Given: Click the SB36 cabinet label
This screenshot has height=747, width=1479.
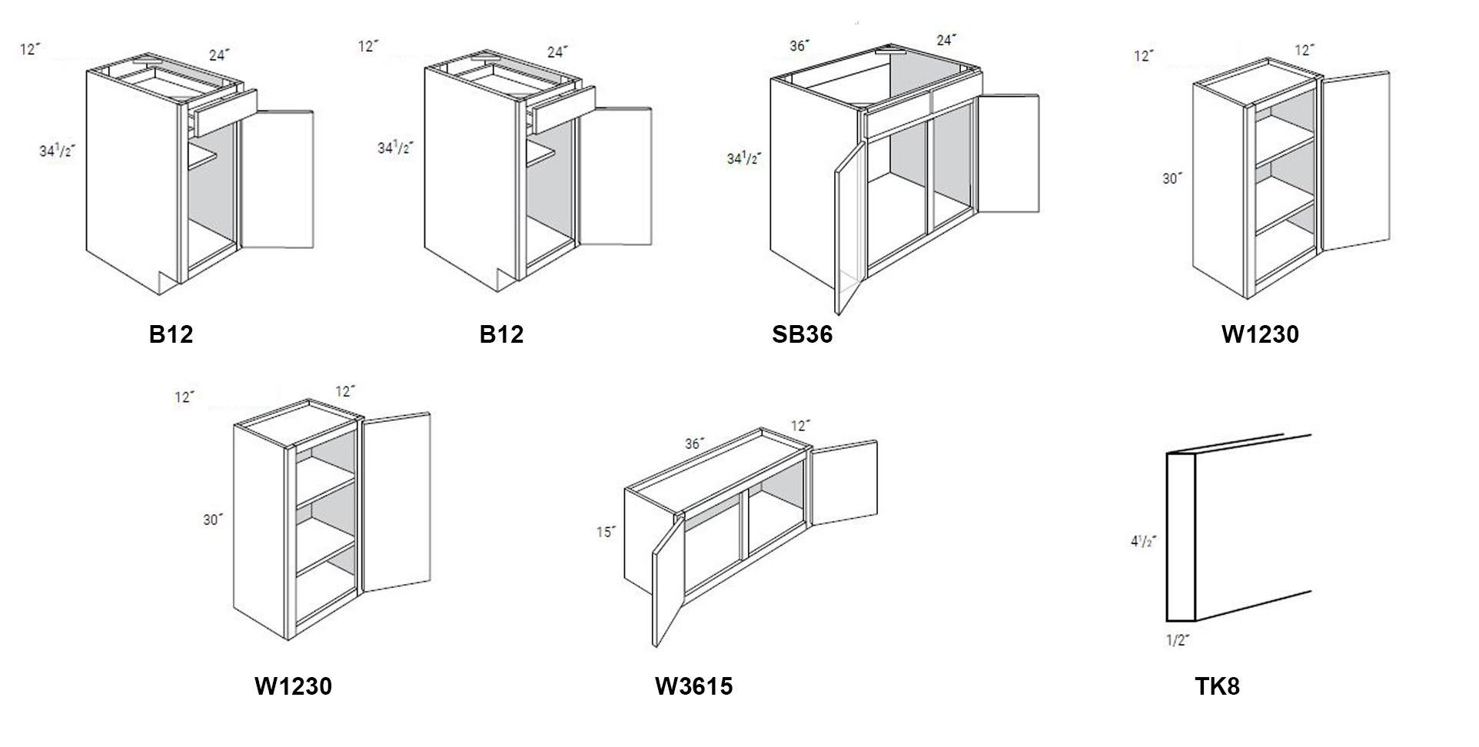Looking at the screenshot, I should pyautogui.click(x=802, y=334).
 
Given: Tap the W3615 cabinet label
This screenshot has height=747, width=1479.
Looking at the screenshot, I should pyautogui.click(x=693, y=686).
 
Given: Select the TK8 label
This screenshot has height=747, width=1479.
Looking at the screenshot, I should pyautogui.click(x=1217, y=686).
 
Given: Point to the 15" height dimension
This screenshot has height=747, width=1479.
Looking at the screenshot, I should pyautogui.click(x=606, y=532).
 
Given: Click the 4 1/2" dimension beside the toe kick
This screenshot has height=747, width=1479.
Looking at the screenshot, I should pyautogui.click(x=1143, y=541).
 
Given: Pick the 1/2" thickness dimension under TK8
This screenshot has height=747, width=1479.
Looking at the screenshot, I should pyautogui.click(x=1178, y=639).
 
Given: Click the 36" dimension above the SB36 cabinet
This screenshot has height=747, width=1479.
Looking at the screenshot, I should pyautogui.click(x=799, y=46).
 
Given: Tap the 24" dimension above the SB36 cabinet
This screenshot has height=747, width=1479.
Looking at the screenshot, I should pyautogui.click(x=946, y=40).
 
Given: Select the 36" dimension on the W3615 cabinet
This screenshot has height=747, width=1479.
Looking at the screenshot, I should pyautogui.click(x=694, y=444).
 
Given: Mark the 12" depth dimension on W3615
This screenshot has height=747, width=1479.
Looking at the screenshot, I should pyautogui.click(x=800, y=425).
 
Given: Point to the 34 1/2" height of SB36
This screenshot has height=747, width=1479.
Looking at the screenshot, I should pyautogui.click(x=743, y=159).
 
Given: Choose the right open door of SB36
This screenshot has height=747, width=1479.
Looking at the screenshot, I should pyautogui.click(x=1008, y=154).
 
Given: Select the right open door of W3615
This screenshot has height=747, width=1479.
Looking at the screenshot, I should pyautogui.click(x=844, y=483).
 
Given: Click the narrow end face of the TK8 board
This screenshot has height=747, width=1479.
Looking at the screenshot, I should pyautogui.click(x=1181, y=538).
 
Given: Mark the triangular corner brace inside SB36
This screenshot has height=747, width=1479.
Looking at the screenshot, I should pyautogui.click(x=890, y=51).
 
